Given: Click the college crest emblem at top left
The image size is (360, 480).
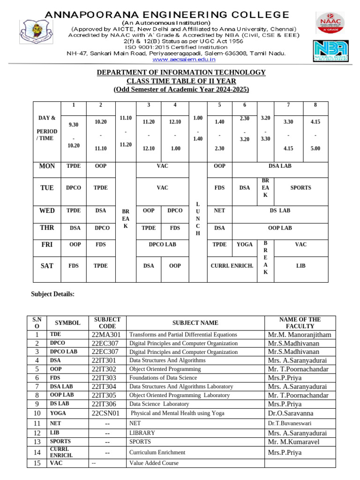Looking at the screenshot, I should (x=31, y=36).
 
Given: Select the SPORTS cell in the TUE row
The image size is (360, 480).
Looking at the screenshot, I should (x=300, y=187).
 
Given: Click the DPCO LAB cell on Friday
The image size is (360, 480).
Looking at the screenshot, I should (x=162, y=244).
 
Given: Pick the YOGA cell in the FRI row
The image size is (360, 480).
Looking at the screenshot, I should (x=244, y=244).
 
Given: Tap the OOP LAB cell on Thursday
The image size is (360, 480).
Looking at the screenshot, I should (x=280, y=228).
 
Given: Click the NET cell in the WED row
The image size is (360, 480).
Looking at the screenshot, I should (x=219, y=210).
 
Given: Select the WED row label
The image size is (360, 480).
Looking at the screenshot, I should (x=47, y=210).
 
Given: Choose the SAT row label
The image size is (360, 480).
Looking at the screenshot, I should (x=47, y=266).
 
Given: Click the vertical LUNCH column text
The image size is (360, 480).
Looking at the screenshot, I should (x=198, y=219).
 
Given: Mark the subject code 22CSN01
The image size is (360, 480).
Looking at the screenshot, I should (x=106, y=413).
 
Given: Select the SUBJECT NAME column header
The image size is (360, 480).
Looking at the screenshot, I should (x=195, y=322).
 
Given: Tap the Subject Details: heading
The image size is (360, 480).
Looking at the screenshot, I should (x=52, y=294).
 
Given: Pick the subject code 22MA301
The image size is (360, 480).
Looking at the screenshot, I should (x=106, y=335).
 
